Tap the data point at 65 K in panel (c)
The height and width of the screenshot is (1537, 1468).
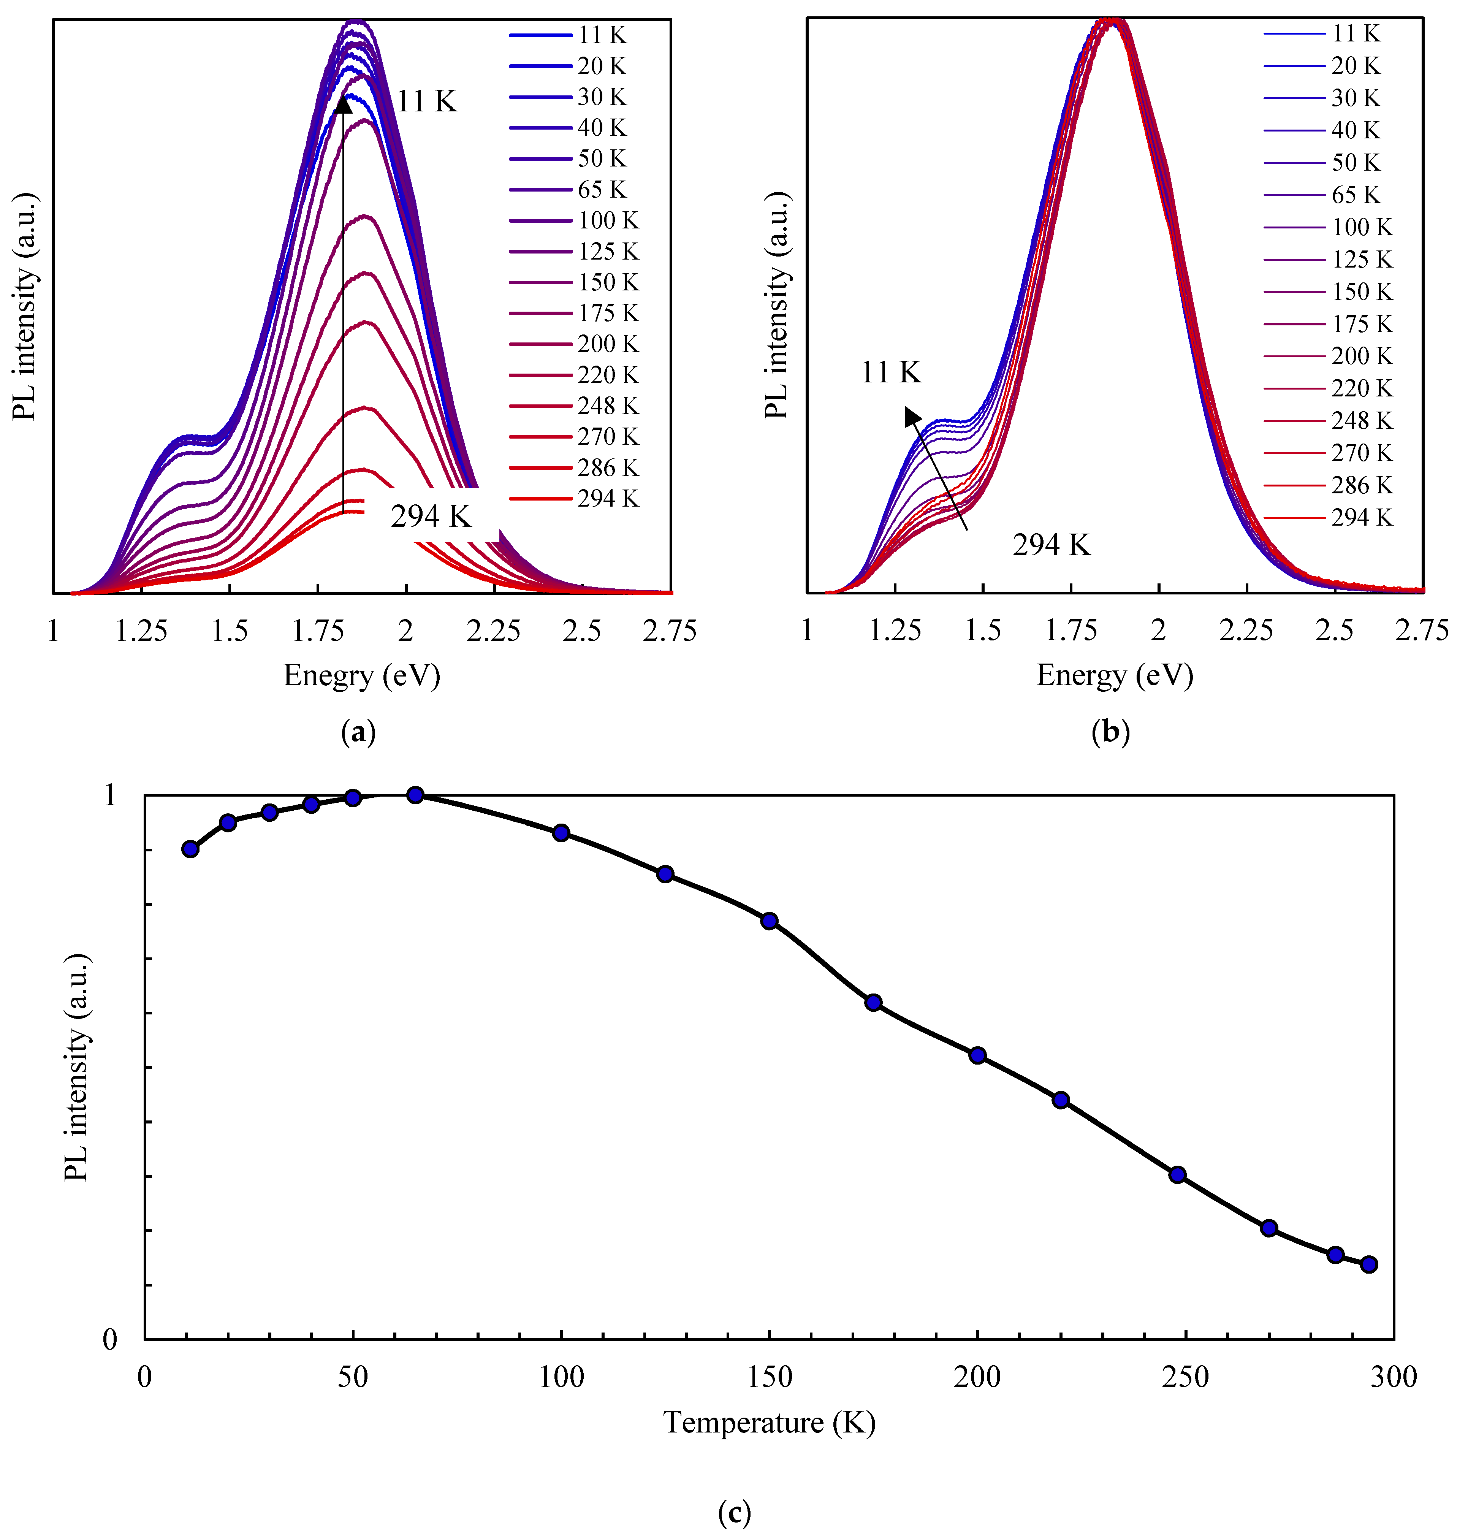[x=415, y=795]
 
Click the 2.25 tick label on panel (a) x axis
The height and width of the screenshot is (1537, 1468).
[x=494, y=632]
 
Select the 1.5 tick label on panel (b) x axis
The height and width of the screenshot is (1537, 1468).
[x=983, y=630]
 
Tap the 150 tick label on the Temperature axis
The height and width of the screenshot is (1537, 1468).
[x=769, y=1377]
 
